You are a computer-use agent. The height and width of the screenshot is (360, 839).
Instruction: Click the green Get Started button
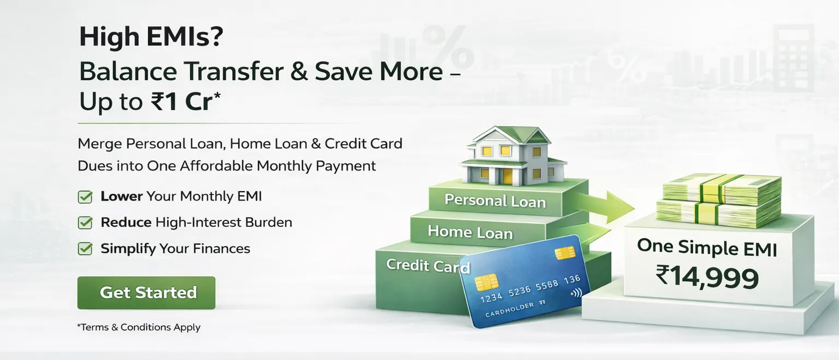coord(146,293)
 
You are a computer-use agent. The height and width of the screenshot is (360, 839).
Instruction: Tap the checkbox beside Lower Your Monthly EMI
coord(85,197)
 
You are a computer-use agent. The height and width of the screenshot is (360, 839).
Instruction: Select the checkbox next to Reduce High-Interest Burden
coord(85,222)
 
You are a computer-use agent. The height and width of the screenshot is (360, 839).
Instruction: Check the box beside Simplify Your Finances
coord(85,249)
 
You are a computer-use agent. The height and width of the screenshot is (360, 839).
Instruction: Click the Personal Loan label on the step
coord(495,201)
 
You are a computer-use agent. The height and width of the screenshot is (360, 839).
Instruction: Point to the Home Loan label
coord(470,232)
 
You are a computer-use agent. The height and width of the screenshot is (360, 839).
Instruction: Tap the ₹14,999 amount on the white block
coord(707,278)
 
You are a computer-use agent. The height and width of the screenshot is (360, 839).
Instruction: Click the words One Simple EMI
coord(707,247)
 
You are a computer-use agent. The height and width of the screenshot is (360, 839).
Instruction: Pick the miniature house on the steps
coord(513,156)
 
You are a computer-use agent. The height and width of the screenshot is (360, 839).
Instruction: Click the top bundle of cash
coord(722,189)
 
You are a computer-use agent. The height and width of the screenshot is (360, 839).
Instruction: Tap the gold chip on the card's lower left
coord(487,282)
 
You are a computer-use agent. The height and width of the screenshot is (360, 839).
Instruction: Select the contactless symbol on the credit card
coord(576,293)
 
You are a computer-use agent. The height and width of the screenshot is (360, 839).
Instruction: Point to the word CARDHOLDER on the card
coord(510,310)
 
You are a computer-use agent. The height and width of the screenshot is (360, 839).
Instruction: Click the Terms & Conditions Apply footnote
coord(139,327)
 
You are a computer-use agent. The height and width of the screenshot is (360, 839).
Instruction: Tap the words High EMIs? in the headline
coord(151,37)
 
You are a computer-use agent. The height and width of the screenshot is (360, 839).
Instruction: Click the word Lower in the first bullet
coord(122,196)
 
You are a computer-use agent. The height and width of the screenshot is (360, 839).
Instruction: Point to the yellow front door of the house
coord(508,176)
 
